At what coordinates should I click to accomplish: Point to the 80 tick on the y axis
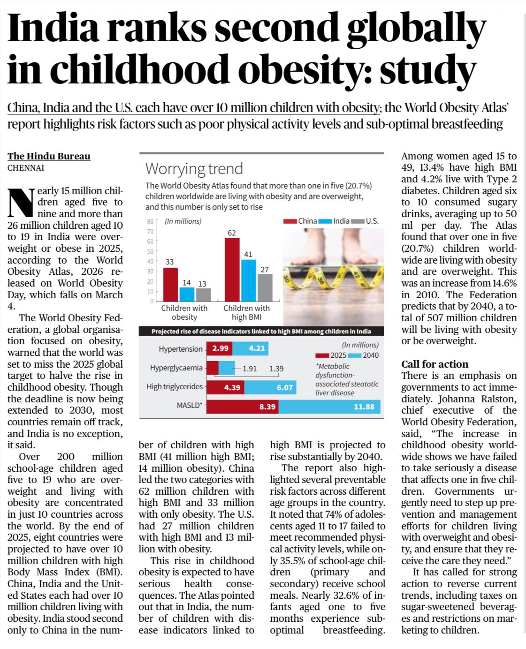point(150,221)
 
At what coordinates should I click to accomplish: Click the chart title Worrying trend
point(194,168)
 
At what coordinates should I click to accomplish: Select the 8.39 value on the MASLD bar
point(267,407)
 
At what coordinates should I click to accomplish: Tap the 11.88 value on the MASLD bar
point(364,407)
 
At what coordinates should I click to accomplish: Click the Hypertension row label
point(180,349)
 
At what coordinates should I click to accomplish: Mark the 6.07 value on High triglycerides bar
point(284,387)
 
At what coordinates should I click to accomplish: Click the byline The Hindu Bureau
point(49,156)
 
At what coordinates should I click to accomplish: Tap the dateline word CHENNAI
point(26,167)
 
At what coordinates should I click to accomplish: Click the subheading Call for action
point(435,364)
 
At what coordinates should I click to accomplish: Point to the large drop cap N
point(21,203)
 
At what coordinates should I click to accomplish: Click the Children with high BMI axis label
point(246,312)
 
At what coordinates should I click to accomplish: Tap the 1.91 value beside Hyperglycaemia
point(249,369)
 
